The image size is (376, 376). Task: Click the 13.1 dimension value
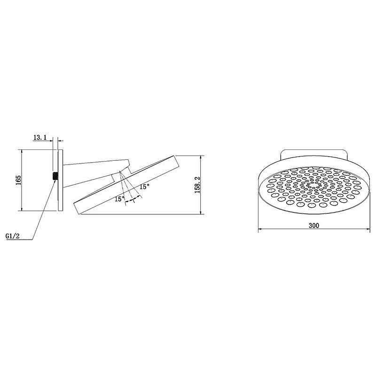coord(39,138)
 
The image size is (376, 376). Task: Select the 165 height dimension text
coord(19,180)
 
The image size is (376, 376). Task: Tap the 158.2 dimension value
coord(197,185)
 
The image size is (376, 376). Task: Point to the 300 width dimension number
coord(314,226)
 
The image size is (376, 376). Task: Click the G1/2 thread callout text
coord(13,236)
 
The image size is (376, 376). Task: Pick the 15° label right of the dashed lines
coord(145,186)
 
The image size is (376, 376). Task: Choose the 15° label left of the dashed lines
coord(120,199)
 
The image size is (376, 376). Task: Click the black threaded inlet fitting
coord(55,176)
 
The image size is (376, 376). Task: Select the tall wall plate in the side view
coord(61,180)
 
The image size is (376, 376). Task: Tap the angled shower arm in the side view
coord(96,172)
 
